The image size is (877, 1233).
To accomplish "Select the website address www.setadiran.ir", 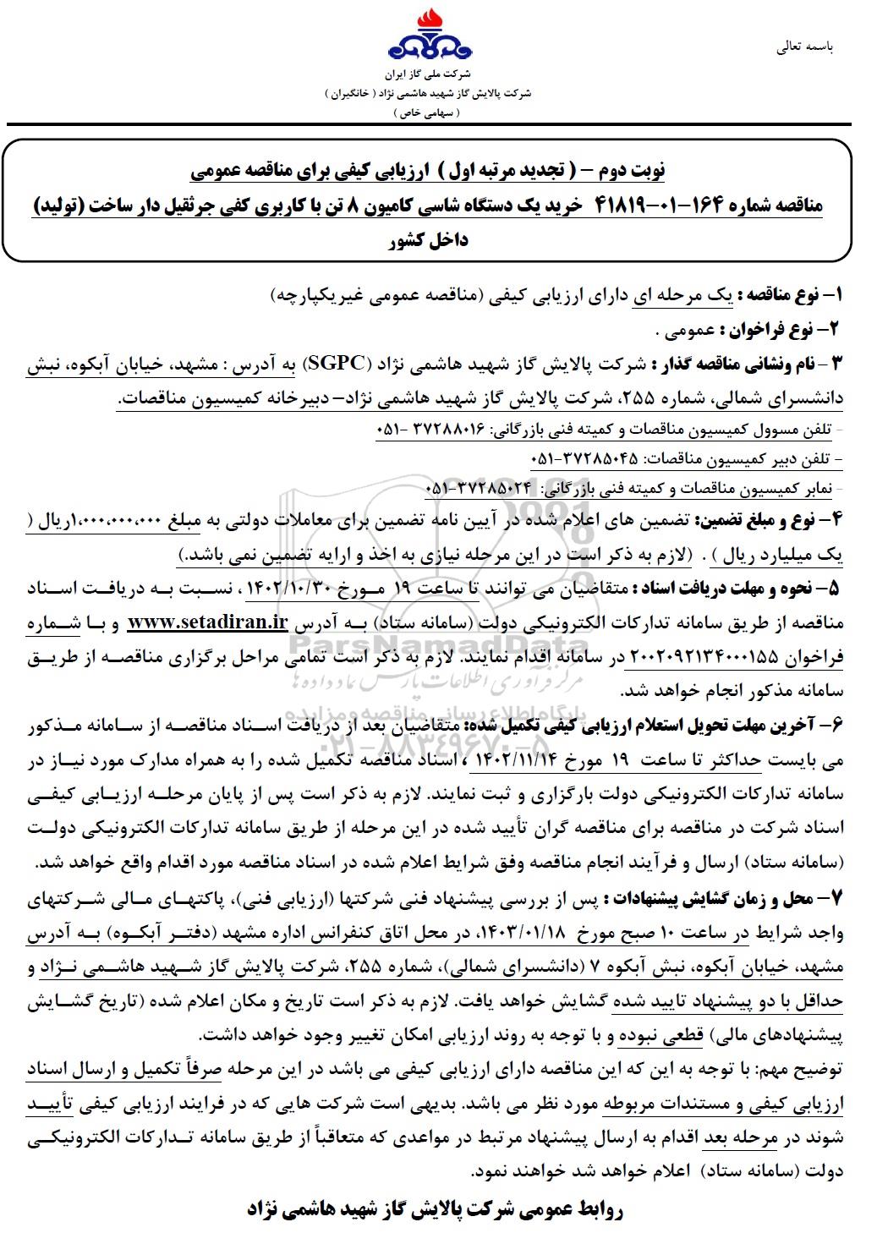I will click(x=206, y=623).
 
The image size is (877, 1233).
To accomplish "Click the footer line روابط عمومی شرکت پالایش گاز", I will click(x=436, y=1209).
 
